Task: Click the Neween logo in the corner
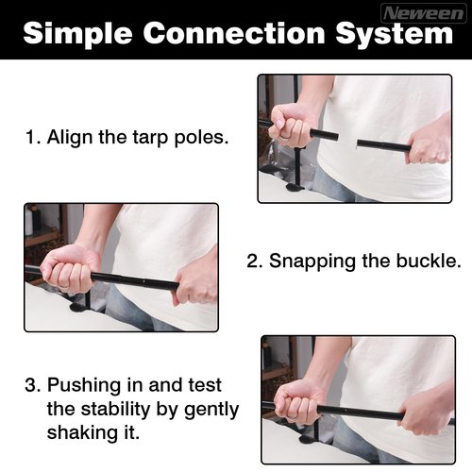pyautogui.click(x=424, y=13)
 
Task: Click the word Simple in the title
pyautogui.click(x=77, y=34)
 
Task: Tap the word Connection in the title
pyautogui.click(x=234, y=33)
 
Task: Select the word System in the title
pyautogui.click(x=395, y=34)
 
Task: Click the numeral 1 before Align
pyautogui.click(x=31, y=137)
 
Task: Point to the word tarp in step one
pyautogui.click(x=150, y=138)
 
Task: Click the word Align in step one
pyautogui.click(x=70, y=138)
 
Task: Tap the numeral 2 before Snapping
pyautogui.click(x=252, y=261)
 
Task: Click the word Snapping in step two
pyautogui.click(x=312, y=261)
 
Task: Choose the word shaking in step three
pyautogui.click(x=81, y=433)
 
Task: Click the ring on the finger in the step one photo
pyautogui.click(x=286, y=138)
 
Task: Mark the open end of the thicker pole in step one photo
pyautogui.click(x=337, y=136)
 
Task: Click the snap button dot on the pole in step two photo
pyautogui.click(x=143, y=281)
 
